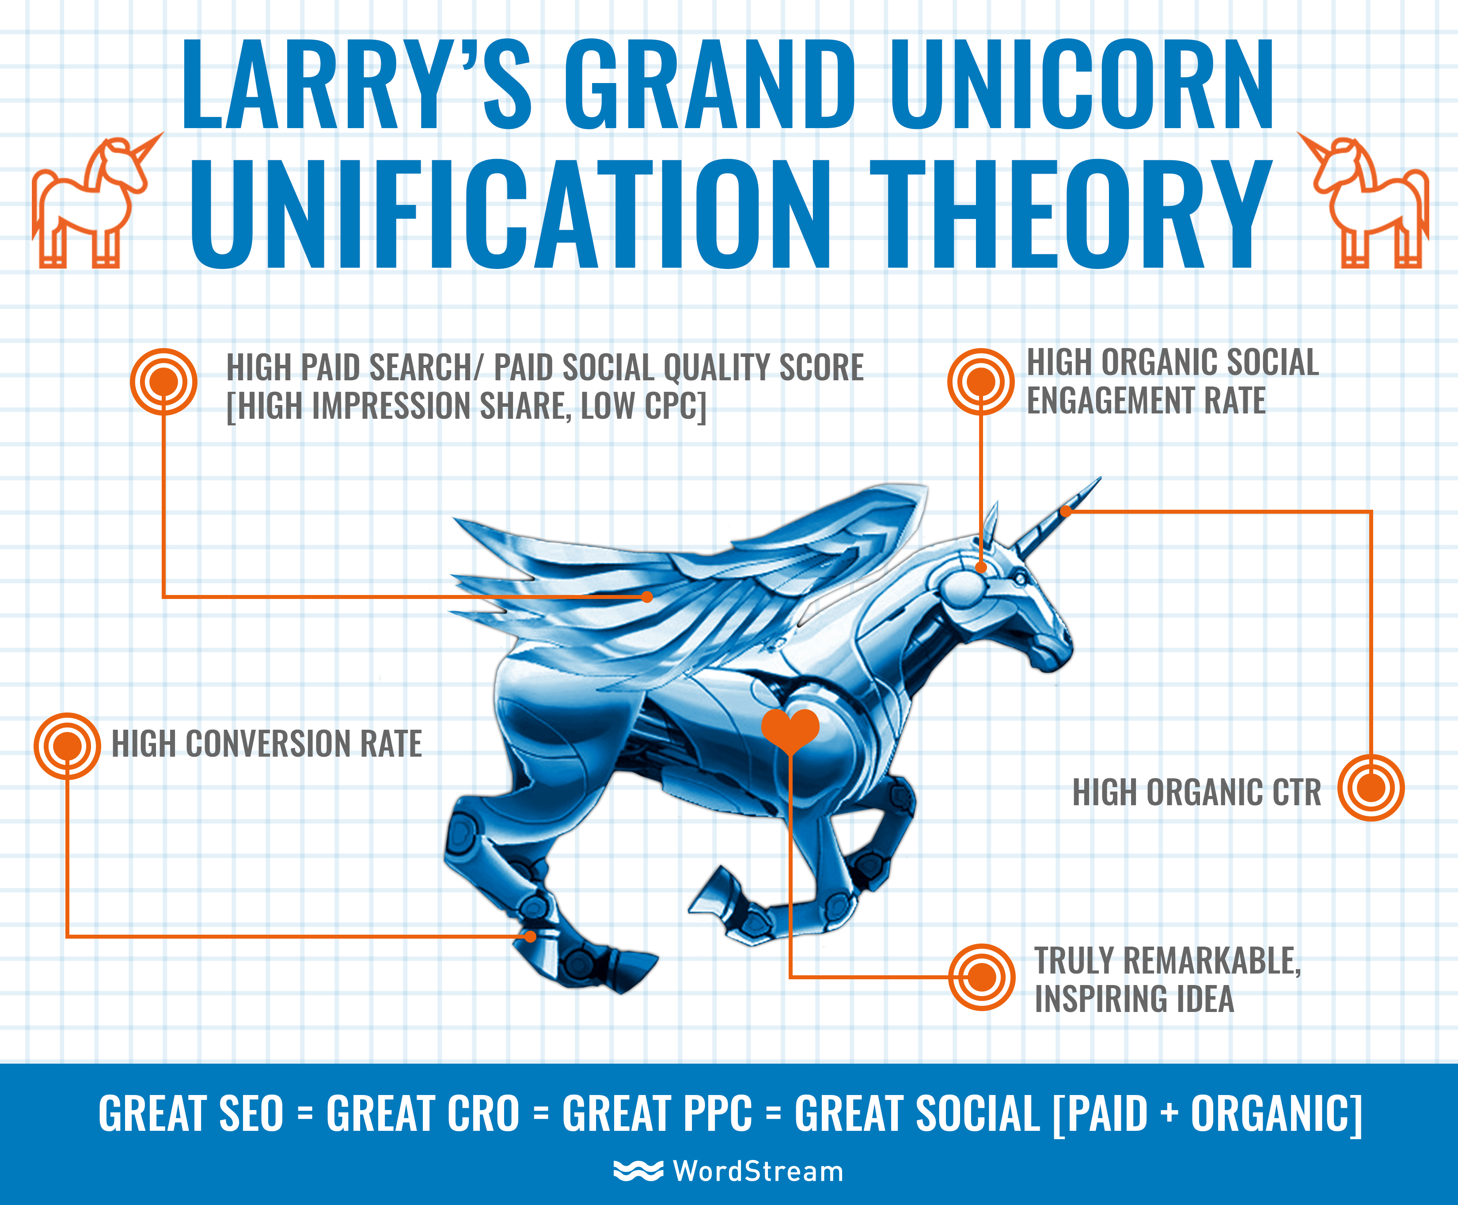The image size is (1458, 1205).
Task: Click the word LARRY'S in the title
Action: pyautogui.click(x=356, y=85)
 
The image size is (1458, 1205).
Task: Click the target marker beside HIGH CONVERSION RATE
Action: pyautogui.click(x=67, y=746)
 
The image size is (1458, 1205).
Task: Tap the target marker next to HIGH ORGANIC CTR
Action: pyautogui.click(x=1371, y=788)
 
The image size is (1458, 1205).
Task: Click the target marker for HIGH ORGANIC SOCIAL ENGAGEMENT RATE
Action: pyautogui.click(x=981, y=382)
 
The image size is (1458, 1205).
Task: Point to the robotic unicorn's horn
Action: pyautogui.click(x=1059, y=517)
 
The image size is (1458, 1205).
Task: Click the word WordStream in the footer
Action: pyautogui.click(x=758, y=1171)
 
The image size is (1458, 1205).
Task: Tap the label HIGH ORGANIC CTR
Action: pyautogui.click(x=1196, y=792)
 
